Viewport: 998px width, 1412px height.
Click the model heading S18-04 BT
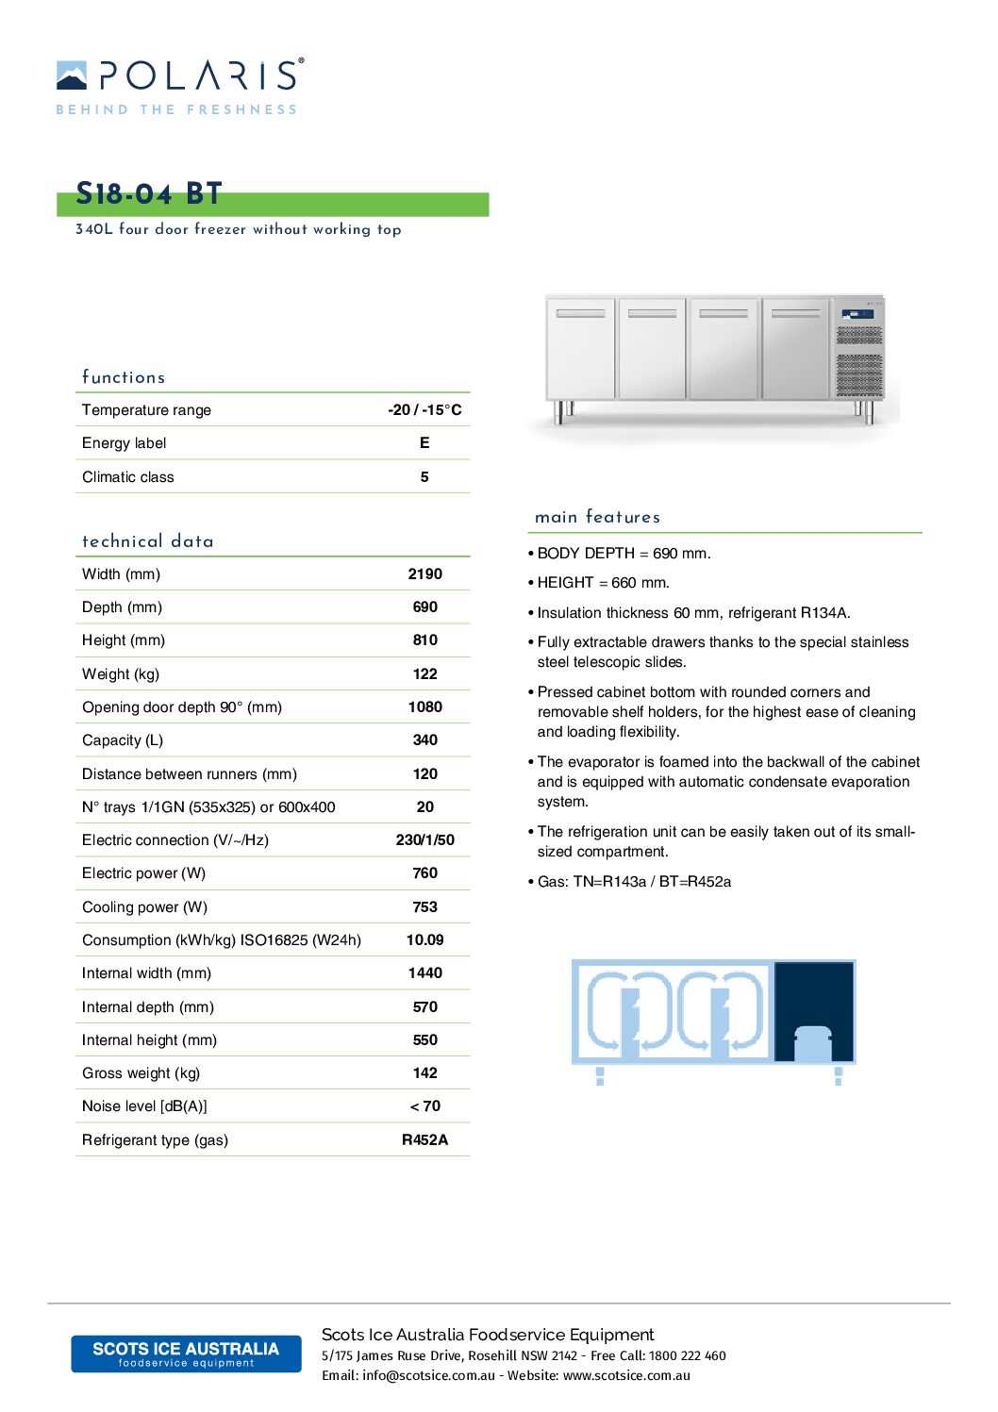(x=149, y=194)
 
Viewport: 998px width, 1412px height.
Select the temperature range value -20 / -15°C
(x=424, y=409)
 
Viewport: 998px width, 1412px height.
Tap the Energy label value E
(x=424, y=442)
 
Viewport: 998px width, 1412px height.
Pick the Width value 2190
(x=424, y=573)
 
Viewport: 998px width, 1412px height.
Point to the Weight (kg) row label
(x=121, y=673)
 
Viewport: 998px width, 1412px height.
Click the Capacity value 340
(x=424, y=740)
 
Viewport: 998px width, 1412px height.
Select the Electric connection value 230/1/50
(x=424, y=839)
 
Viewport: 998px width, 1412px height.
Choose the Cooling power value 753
(x=424, y=906)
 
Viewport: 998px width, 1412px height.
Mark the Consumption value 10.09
(x=424, y=939)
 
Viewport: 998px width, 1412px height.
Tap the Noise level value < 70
(x=424, y=1105)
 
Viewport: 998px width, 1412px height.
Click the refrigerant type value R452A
(x=424, y=1139)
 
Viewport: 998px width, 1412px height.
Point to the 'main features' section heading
(x=597, y=517)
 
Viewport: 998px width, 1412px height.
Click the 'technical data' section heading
(x=148, y=541)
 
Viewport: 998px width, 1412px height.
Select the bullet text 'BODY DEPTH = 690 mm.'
(x=624, y=553)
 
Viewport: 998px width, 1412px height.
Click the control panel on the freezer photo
(x=857, y=314)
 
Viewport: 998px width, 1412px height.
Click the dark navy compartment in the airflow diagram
(x=814, y=1011)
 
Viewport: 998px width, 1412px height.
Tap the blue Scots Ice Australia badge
(x=186, y=1354)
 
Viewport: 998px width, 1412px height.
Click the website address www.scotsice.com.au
(x=626, y=1375)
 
